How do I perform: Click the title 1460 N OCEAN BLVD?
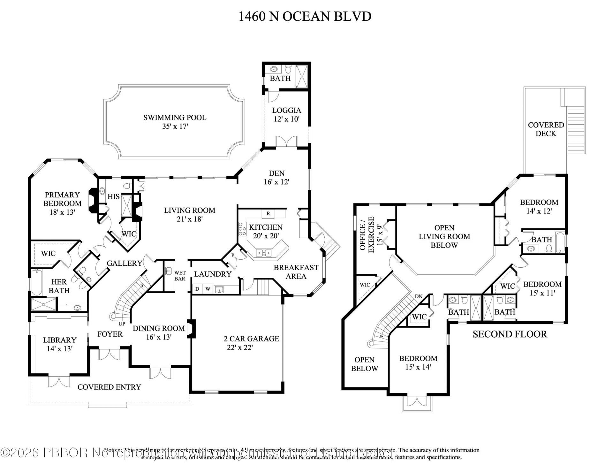pos(305,16)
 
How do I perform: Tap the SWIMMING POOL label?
pos(175,122)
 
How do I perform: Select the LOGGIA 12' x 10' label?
pos(286,115)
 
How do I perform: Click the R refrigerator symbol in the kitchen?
pos(268,213)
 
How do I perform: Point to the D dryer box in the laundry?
pos(197,289)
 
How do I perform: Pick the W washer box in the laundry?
pos(208,289)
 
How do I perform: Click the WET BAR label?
pos(180,276)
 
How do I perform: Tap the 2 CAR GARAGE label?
pos(251,343)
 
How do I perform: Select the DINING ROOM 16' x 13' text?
pos(159,332)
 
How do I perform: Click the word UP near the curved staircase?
pos(122,324)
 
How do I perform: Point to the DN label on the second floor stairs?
pos(418,296)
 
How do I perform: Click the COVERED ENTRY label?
pos(109,387)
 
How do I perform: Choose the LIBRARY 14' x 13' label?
pos(60,344)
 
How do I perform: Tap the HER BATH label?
pos(59,286)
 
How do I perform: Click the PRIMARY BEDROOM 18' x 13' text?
pos(62,203)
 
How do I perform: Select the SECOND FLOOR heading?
pos(510,334)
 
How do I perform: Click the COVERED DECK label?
pos(546,129)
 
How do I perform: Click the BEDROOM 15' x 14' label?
pos(418,363)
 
